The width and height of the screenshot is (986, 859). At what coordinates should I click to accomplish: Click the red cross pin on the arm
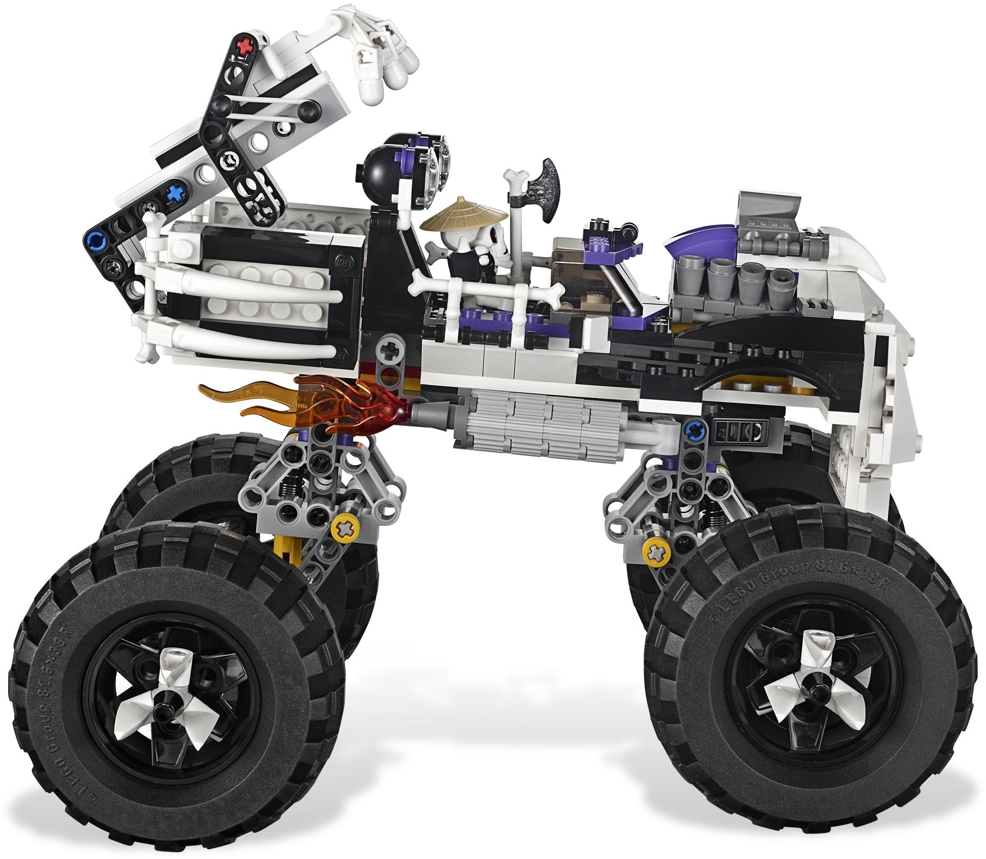click(x=247, y=42)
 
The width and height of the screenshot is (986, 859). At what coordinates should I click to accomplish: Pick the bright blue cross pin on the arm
click(x=174, y=192)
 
